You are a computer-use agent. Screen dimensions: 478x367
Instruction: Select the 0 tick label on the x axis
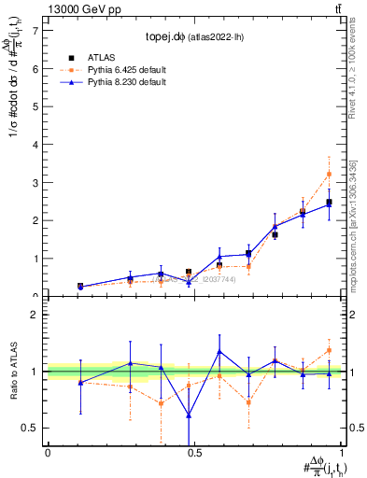pyautogui.click(x=48, y=452)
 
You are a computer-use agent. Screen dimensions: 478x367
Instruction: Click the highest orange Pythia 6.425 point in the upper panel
pyautogui.click(x=329, y=174)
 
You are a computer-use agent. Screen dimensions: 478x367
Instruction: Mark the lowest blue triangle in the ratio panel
pyautogui.click(x=189, y=415)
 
